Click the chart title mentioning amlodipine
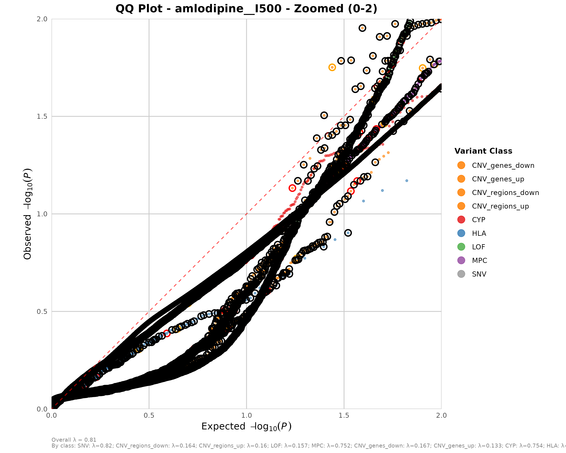point(246,9)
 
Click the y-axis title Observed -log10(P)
point(28,214)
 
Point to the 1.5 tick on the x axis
point(344,415)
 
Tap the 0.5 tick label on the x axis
point(149,415)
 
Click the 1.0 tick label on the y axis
point(42,214)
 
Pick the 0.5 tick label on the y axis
point(42,312)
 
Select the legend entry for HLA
point(479,233)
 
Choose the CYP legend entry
point(478,220)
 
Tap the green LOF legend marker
point(461,247)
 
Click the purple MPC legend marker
point(461,260)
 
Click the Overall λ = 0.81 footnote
point(74,440)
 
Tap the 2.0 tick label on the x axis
point(441,415)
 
